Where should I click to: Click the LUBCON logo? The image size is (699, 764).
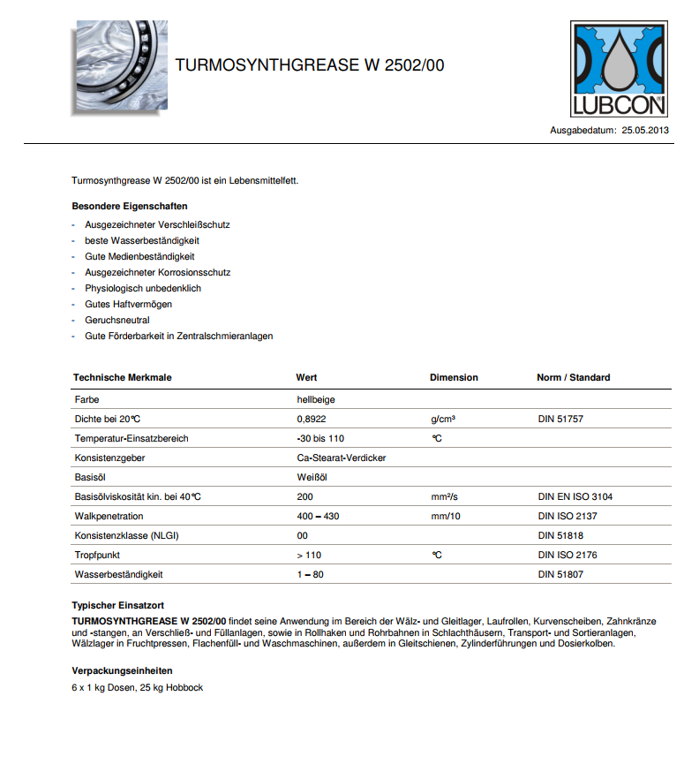click(618, 69)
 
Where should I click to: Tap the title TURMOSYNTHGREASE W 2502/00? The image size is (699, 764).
click(310, 65)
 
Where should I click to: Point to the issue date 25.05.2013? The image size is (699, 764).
click(645, 130)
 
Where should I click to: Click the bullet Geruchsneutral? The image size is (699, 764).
click(116, 320)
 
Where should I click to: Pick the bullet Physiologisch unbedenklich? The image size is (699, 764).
click(143, 288)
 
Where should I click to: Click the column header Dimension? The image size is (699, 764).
click(454, 377)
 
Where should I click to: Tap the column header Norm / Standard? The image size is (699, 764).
click(573, 377)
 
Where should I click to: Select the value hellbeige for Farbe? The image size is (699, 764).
click(316, 399)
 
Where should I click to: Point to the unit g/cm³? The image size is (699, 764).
click(443, 419)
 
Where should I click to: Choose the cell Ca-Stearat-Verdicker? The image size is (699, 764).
click(342, 458)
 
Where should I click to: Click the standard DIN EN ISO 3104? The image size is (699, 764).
click(575, 496)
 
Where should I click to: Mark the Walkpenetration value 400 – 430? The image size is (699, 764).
click(319, 516)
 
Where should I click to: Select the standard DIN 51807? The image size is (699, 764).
click(560, 574)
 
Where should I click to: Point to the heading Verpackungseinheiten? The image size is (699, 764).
click(122, 670)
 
